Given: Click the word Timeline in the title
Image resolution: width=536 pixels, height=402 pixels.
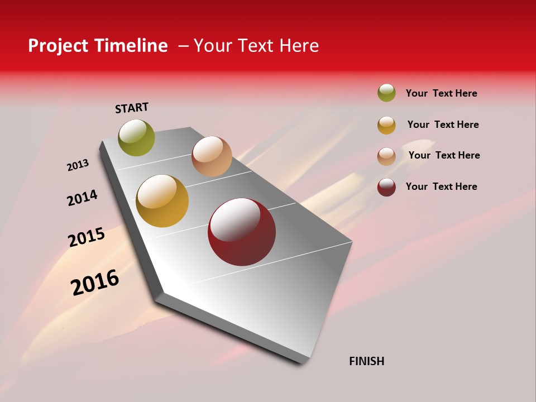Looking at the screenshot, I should (131, 46).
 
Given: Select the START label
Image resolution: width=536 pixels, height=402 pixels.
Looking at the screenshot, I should (132, 108).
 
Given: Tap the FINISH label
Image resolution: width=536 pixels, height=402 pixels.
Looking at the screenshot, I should (367, 361).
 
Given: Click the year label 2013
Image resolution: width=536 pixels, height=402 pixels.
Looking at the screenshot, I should (78, 165).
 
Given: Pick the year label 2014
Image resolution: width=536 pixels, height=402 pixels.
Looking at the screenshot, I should (83, 198).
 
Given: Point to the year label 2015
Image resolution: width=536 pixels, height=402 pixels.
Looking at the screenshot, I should (87, 237).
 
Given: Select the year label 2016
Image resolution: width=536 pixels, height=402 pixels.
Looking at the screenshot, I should (95, 282).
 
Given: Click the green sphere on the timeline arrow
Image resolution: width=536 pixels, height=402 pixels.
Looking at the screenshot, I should (137, 137).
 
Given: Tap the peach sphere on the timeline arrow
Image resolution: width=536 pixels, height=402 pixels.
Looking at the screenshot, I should (212, 156).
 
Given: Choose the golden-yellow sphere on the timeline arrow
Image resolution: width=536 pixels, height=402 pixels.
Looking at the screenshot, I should (162, 201).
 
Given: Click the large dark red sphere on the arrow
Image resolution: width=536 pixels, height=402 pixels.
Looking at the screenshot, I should (242, 232).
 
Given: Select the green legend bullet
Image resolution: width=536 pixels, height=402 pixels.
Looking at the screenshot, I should (386, 93).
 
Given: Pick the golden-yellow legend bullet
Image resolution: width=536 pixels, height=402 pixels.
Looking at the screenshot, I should (386, 125).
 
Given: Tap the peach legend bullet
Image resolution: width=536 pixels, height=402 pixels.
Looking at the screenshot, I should (386, 156).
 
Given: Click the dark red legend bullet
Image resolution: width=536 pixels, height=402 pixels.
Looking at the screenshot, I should (386, 187).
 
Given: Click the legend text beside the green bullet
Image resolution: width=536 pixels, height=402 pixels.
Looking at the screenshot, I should (442, 93).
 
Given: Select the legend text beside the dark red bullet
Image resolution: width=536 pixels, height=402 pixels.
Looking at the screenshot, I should (442, 186).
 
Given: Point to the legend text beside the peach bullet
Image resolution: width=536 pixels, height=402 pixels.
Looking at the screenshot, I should (444, 155).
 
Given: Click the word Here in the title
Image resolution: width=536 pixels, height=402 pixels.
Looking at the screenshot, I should (299, 46).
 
